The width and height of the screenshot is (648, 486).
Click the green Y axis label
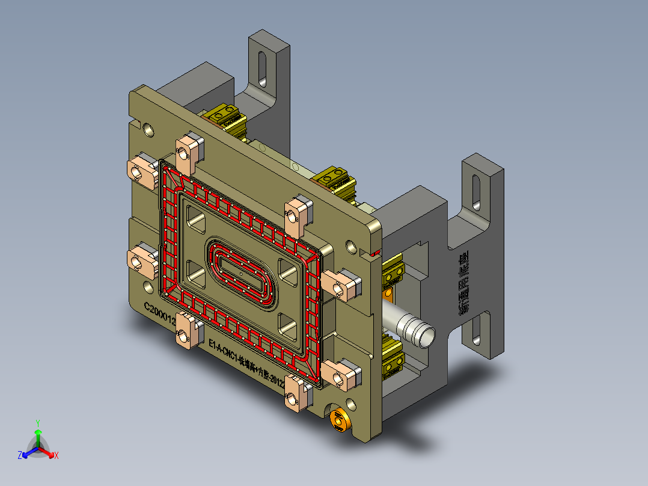[37, 422]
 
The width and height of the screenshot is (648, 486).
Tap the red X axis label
[56, 456]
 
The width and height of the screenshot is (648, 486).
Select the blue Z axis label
[20, 456]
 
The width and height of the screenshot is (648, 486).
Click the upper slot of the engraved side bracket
[476, 192]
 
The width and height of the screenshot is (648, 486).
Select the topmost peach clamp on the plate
[186, 151]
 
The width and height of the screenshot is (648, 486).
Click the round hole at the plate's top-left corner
[148, 129]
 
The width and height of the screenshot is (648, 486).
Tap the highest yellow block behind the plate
[225, 116]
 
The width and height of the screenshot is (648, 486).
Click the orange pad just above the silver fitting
[390, 294]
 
